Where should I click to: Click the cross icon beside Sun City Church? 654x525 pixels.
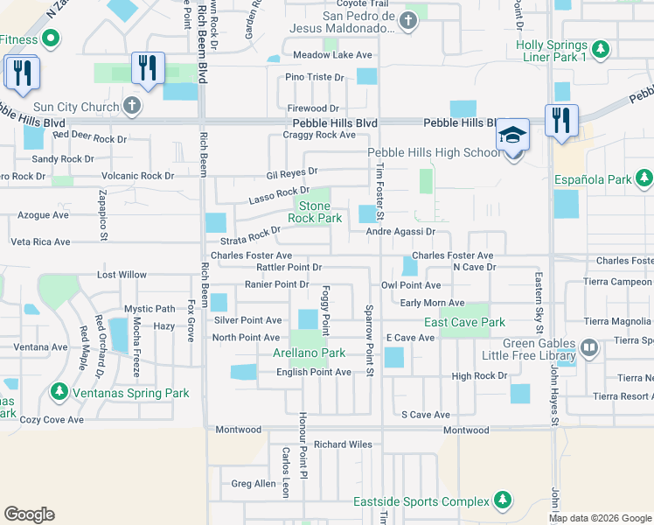click(x=132, y=107)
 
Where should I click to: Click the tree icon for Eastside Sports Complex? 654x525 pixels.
click(x=502, y=500)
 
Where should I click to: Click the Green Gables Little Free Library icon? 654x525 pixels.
click(x=589, y=348)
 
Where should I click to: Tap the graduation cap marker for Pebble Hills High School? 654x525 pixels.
click(x=513, y=135)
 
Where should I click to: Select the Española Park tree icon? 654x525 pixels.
click(x=644, y=179)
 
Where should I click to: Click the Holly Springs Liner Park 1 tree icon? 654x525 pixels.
click(x=599, y=47)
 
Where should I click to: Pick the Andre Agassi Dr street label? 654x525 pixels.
click(x=400, y=232)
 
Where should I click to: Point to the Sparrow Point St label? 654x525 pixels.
click(x=369, y=342)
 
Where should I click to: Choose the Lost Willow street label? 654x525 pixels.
click(x=122, y=275)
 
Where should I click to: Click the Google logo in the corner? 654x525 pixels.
click(x=29, y=514)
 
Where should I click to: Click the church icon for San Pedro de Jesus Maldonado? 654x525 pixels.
click(x=407, y=21)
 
